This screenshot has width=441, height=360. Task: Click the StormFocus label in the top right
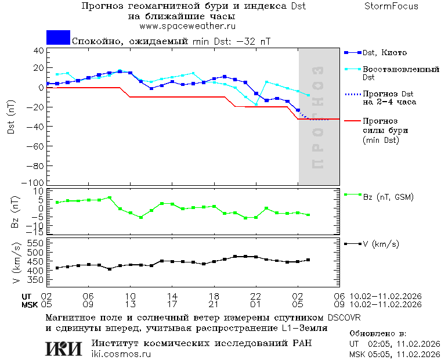click(391, 6)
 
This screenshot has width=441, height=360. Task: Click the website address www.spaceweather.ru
click(187, 26)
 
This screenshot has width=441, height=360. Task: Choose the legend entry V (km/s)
click(381, 244)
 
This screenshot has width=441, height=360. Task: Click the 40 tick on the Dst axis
click(39, 51)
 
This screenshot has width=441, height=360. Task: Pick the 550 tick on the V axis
click(36, 243)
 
